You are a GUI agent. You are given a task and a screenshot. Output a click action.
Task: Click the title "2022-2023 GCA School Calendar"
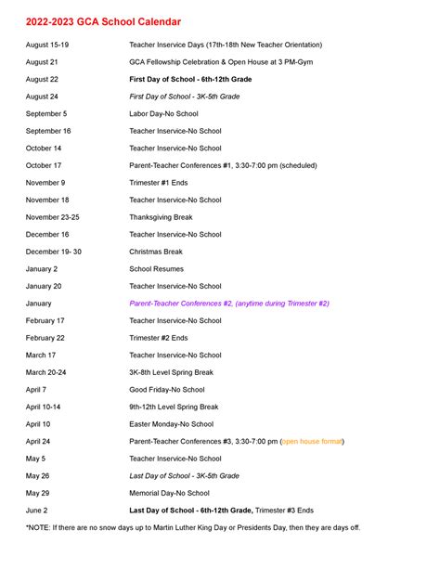click(x=103, y=21)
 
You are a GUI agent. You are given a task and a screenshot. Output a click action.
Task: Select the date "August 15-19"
click(x=47, y=45)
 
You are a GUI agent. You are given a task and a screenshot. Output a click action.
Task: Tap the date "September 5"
click(x=46, y=113)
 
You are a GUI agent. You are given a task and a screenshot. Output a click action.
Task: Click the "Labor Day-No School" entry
click(x=162, y=113)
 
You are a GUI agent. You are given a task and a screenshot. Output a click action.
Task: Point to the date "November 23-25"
click(x=52, y=217)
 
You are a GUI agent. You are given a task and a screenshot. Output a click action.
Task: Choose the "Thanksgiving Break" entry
click(x=161, y=217)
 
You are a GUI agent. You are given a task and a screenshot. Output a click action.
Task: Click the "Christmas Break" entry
click(x=156, y=252)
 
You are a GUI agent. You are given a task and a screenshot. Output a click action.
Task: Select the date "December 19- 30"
click(x=53, y=252)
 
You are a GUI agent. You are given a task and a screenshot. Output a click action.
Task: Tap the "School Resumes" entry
click(x=157, y=269)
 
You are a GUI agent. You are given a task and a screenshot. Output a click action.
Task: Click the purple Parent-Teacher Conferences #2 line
click(x=228, y=304)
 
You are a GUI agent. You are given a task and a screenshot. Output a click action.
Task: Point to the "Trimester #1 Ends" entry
click(x=158, y=183)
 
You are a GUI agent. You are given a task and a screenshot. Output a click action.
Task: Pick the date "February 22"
click(x=45, y=338)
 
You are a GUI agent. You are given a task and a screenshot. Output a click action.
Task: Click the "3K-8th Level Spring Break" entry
click(x=171, y=372)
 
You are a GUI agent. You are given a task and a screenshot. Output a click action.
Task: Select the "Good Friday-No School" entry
click(x=167, y=390)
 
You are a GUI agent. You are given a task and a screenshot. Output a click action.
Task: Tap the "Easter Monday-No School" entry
click(x=171, y=424)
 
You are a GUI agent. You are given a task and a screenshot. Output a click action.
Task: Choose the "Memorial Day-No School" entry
click(x=169, y=493)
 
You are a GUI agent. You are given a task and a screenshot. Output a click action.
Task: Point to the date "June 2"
click(x=37, y=511)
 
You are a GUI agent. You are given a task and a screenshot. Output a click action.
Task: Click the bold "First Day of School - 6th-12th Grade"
click(x=190, y=79)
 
